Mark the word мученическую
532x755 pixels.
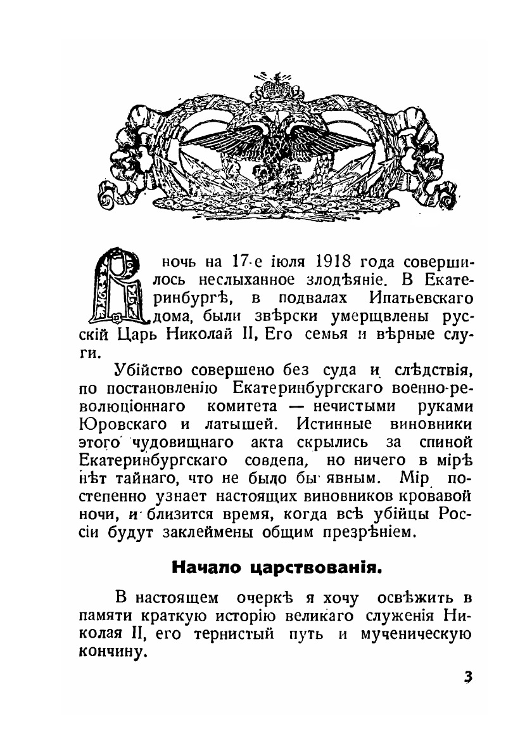pos(414,633)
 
